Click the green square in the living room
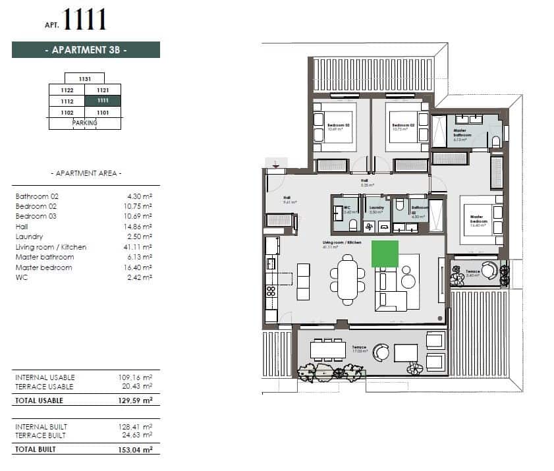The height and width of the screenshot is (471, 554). [x=385, y=254]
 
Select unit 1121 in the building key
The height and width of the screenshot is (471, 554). [x=103, y=90]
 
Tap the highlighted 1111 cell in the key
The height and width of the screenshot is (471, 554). [x=103, y=101]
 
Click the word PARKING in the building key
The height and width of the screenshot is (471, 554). [x=85, y=123]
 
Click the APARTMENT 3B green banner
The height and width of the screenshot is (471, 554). [x=86, y=50]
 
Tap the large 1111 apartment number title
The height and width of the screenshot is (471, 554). [x=84, y=19]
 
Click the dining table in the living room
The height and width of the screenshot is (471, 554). [x=348, y=281]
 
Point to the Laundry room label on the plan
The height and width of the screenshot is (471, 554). [x=376, y=208]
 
